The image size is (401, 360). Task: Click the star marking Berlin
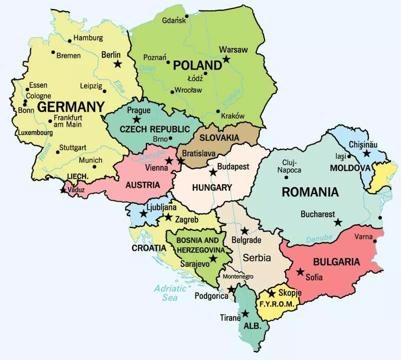click(x=118, y=64)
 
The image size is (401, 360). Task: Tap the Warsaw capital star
click(x=226, y=59)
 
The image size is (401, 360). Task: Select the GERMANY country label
click(x=71, y=107)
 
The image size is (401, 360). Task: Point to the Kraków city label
click(x=232, y=116)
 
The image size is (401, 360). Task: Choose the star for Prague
click(x=136, y=119)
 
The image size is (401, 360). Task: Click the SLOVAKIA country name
click(x=220, y=137)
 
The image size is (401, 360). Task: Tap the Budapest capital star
click(x=213, y=172)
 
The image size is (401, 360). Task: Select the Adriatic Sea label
click(x=166, y=292)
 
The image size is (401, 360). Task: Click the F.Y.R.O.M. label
click(x=277, y=304)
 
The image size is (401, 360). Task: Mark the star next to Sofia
click(x=300, y=272)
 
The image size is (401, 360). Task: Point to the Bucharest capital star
click(x=338, y=222)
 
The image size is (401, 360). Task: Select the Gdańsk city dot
click(x=186, y=16)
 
